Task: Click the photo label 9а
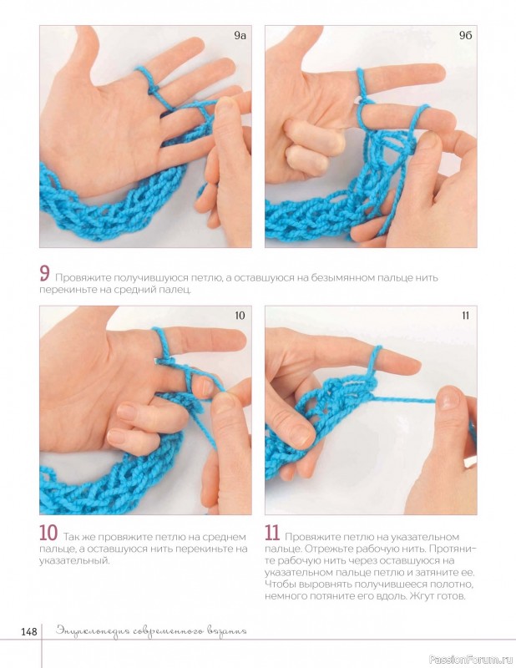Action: coord(240,36)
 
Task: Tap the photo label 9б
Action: coord(465,36)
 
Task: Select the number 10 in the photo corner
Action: coord(240,316)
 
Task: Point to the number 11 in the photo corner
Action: coord(465,316)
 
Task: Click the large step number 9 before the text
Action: coord(45,274)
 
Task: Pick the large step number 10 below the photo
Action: coord(48,533)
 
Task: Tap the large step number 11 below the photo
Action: coord(272,533)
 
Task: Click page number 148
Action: coord(29,631)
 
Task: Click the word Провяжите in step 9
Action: coord(78,278)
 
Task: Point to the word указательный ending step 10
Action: coord(74,560)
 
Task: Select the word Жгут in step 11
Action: coord(422,596)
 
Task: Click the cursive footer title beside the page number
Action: coord(151,631)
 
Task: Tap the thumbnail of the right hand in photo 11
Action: coord(448,398)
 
